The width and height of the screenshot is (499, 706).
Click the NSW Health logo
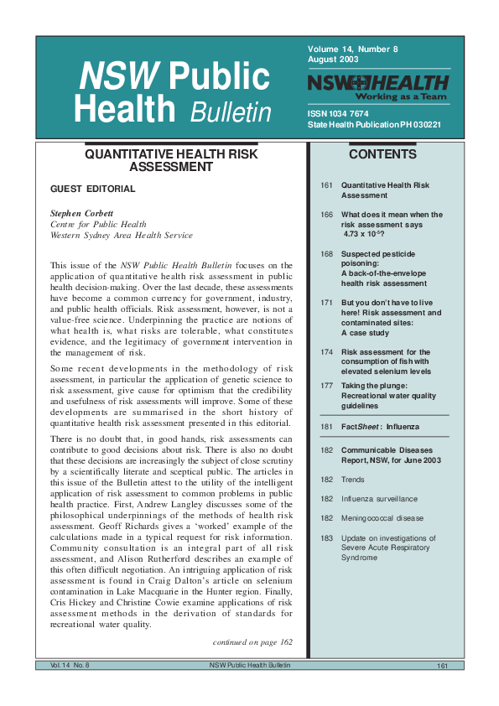tap(377, 87)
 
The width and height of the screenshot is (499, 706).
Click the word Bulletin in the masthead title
tap(231, 112)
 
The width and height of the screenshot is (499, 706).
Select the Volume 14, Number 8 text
tap(352, 49)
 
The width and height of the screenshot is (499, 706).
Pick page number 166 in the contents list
tap(327, 215)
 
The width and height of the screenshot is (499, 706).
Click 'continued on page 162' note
tap(252, 641)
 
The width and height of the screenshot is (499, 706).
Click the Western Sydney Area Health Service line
tap(122, 236)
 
